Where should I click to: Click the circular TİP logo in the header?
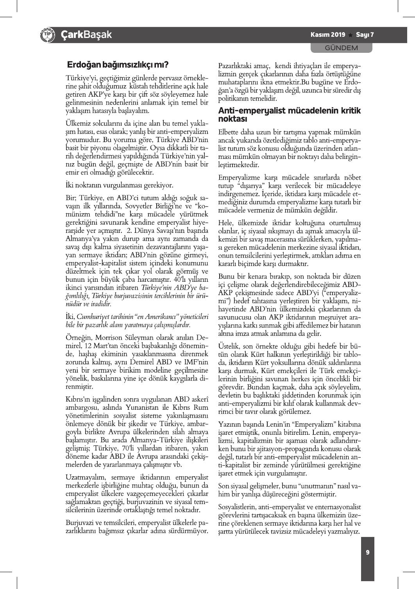[x=47, y=35]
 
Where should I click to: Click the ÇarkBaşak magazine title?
[x=86, y=35]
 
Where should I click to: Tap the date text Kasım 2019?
[x=328, y=35]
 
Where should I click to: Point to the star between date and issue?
[x=351, y=35]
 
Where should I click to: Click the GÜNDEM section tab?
[x=342, y=48]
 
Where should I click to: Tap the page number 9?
[x=368, y=552]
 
